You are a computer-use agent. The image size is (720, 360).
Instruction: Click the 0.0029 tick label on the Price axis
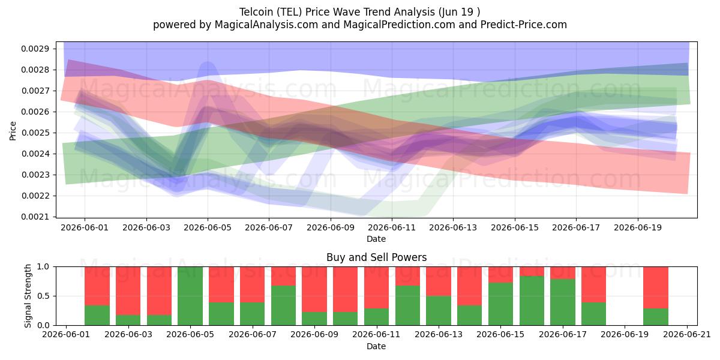point(35,49)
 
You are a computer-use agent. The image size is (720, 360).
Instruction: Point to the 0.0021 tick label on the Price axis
point(35,217)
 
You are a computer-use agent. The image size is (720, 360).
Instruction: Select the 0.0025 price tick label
point(35,133)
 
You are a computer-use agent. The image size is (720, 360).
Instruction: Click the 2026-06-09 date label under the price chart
point(331,227)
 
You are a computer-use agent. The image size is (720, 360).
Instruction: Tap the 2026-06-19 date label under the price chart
point(638,227)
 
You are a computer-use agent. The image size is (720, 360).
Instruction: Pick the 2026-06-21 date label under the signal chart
point(687,335)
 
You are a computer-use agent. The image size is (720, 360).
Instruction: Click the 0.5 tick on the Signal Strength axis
point(43,296)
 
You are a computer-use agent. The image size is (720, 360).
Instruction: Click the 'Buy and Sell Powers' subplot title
point(376,257)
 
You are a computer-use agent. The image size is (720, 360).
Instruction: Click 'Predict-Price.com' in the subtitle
point(524,25)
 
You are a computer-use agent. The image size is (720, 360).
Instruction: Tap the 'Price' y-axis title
point(13,131)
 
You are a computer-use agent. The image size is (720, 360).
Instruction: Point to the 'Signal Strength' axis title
point(28,296)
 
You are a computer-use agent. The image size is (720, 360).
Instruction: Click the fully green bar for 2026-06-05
point(190,296)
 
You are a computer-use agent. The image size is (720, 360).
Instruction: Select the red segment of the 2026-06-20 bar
point(656,287)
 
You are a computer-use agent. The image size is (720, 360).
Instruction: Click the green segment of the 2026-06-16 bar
point(532,301)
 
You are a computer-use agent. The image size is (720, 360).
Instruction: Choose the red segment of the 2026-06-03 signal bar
point(128,291)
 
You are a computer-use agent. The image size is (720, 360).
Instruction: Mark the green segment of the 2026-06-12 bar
point(407,305)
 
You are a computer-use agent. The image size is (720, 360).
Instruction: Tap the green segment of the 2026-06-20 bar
point(656,317)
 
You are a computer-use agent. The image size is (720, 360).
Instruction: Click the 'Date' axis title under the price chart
point(376,239)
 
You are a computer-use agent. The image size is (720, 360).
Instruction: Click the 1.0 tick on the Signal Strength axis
point(43,267)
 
